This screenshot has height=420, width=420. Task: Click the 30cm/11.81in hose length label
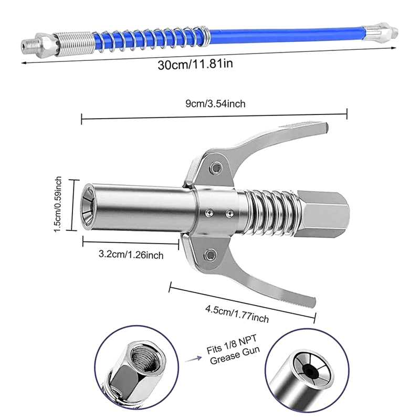(x=195, y=65)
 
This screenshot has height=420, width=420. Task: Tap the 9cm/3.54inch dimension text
(x=215, y=103)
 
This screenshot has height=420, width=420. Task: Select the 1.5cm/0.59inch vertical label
(x=58, y=204)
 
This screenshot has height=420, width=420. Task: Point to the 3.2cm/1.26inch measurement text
(x=131, y=254)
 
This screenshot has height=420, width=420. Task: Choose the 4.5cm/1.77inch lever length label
(x=237, y=313)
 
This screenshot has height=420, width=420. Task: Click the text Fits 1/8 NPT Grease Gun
(x=233, y=350)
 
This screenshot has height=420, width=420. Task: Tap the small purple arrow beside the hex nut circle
(x=193, y=359)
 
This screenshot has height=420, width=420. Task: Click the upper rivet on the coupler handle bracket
(x=216, y=167)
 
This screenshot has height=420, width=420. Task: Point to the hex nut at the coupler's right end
(x=322, y=214)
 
